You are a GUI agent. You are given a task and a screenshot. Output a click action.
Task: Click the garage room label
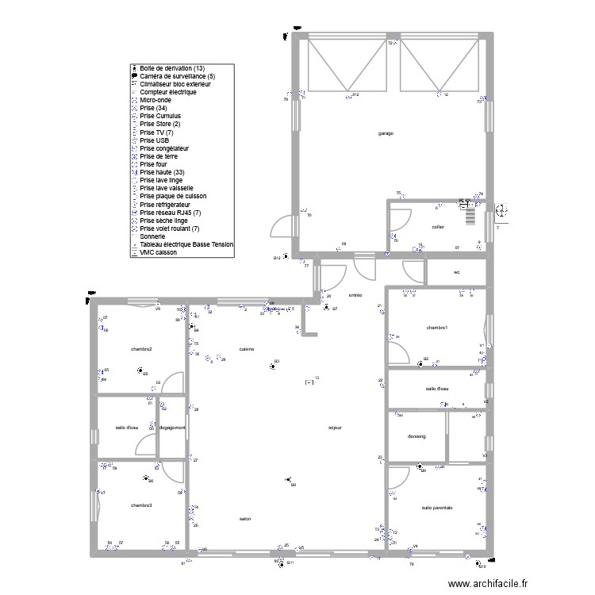click(386, 133)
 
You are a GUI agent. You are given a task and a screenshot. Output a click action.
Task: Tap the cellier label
click(437, 227)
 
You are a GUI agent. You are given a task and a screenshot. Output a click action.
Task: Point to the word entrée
click(355, 295)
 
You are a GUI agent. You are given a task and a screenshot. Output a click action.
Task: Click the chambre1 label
click(437, 328)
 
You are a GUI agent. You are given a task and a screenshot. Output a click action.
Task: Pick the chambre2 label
click(142, 349)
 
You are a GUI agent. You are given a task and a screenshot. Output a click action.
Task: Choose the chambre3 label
click(142, 505)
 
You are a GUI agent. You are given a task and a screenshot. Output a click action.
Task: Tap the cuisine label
click(246, 349)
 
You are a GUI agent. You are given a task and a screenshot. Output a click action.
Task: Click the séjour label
click(335, 428)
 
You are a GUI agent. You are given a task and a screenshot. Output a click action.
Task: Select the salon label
click(245, 520)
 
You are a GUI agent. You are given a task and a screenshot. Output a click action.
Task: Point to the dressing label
click(416, 436)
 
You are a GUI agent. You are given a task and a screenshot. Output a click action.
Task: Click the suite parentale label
click(437, 508)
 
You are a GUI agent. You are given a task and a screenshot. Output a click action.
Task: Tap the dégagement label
click(172, 428)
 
